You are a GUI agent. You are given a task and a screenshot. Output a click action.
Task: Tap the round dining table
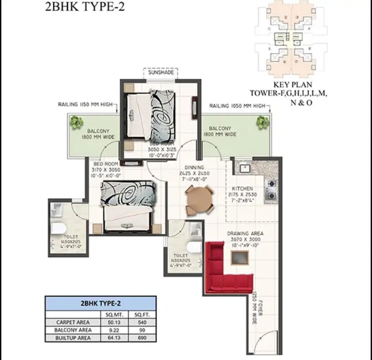[x=199, y=200]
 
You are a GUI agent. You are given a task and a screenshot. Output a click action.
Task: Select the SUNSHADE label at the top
[x=161, y=72]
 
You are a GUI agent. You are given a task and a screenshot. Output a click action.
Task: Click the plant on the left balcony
[x=76, y=121]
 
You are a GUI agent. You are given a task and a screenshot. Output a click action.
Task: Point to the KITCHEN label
[x=242, y=188]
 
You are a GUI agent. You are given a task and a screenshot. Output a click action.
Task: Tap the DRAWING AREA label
[x=245, y=233]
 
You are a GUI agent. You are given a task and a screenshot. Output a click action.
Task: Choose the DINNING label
[x=194, y=167]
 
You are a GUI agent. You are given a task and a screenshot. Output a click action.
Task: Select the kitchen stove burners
[x=271, y=189]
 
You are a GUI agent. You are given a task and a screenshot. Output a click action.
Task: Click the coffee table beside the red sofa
[x=240, y=257]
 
